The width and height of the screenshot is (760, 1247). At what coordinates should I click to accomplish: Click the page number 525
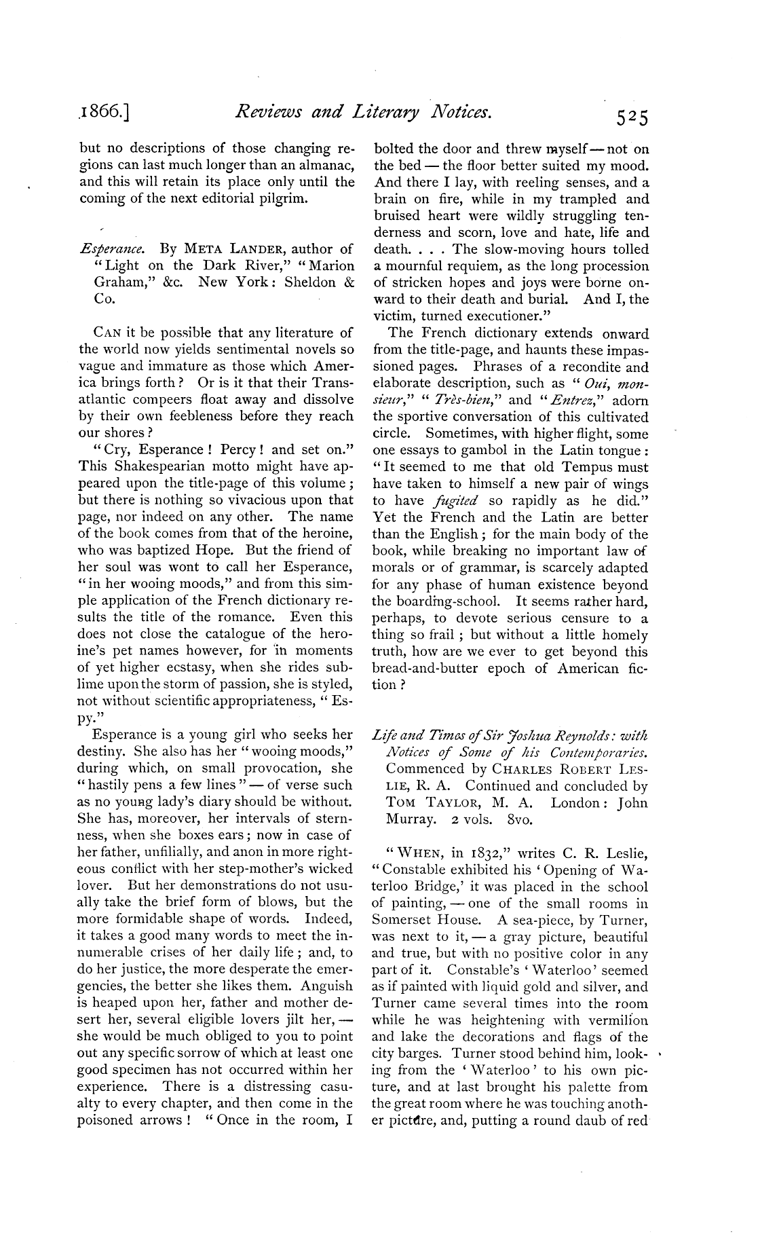[x=632, y=117]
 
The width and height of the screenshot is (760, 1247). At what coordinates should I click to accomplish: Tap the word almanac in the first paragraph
[x=323, y=166]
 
